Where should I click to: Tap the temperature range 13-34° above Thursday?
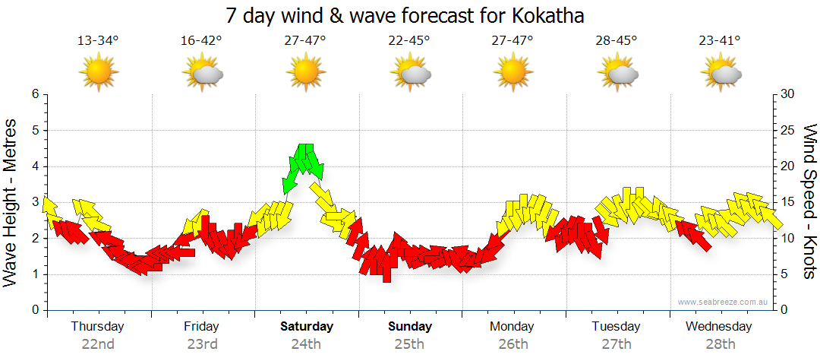click(98, 41)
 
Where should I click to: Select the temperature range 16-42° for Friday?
click(201, 41)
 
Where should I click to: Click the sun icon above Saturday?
click(305, 71)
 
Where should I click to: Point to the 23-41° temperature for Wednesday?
click(720, 41)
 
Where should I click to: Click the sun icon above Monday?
click(512, 71)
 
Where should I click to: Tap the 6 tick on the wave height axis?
click(35, 94)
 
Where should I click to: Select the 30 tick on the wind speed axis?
click(787, 94)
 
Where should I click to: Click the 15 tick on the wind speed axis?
click(787, 202)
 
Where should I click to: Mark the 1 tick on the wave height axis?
click(35, 274)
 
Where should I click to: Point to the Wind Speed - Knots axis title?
click(809, 201)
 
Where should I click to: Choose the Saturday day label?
click(307, 327)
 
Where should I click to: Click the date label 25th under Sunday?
click(409, 344)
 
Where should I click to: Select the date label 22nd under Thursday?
click(98, 344)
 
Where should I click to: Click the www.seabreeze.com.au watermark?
click(724, 302)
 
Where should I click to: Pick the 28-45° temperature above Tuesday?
click(617, 41)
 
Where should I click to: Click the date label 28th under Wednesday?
click(720, 344)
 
